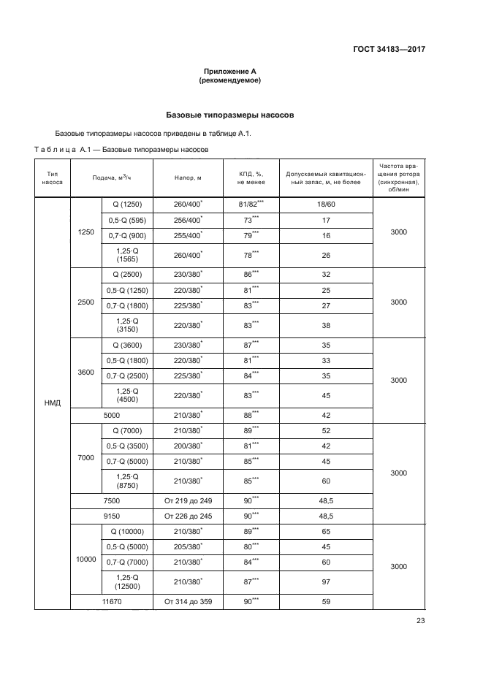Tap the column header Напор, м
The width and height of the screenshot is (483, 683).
pyautogui.click(x=189, y=178)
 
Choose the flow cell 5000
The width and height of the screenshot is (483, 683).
pyautogui.click(x=111, y=415)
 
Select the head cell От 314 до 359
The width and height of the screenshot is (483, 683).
pyautogui.click(x=189, y=601)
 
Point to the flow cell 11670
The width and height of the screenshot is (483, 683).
pyautogui.click(x=111, y=601)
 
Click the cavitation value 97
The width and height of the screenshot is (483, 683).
pyautogui.click(x=325, y=582)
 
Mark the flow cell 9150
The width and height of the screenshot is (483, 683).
pyautogui.click(x=111, y=516)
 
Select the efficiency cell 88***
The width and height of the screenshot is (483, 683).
pyautogui.click(x=251, y=415)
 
